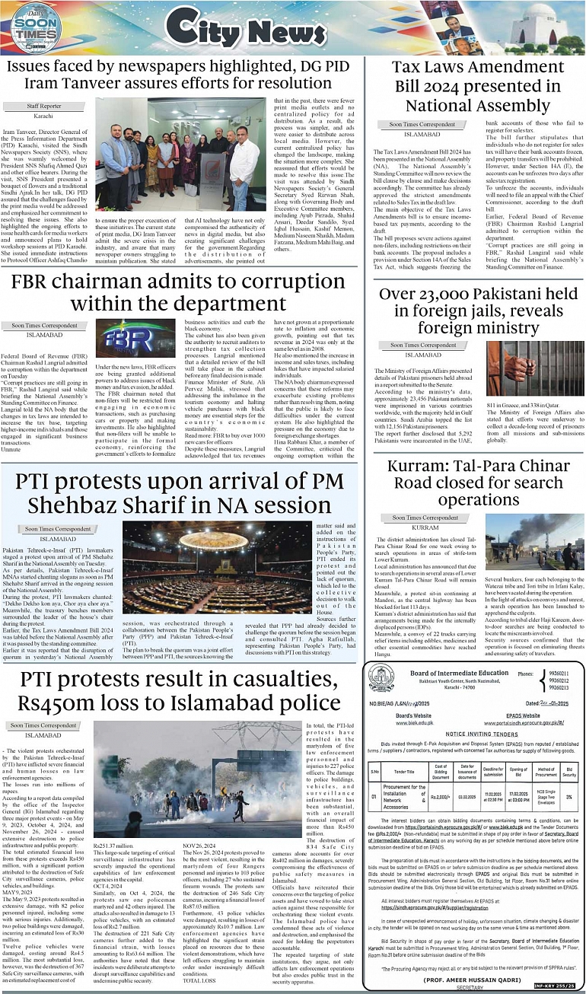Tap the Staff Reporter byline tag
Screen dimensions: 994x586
point(44,106)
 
